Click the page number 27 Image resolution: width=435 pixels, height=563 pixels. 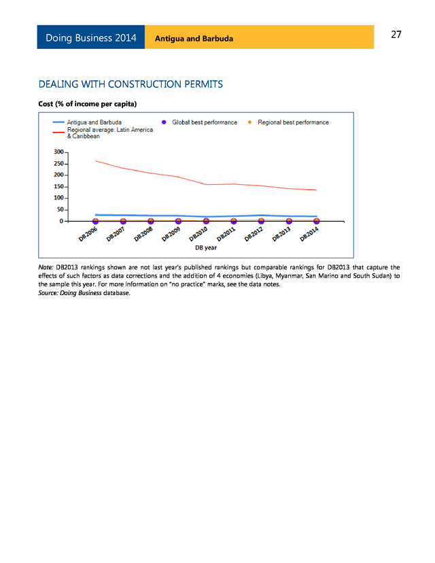tap(396, 35)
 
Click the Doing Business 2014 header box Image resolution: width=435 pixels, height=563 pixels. tap(90, 37)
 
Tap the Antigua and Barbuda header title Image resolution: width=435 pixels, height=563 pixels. tap(194, 38)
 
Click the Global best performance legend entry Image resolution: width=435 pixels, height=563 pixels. tap(205, 122)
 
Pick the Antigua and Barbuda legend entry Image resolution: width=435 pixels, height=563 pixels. tap(94, 122)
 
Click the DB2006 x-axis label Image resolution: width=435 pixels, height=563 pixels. tap(88, 235)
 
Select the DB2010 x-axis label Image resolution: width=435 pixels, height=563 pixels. tap(198, 235)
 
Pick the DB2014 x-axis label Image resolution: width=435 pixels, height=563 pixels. tap(309, 235)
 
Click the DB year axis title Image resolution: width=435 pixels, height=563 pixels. tap(206, 247)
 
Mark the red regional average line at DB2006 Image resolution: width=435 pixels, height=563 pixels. tap(96, 161)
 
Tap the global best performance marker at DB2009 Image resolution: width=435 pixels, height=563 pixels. tap(178, 221)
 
